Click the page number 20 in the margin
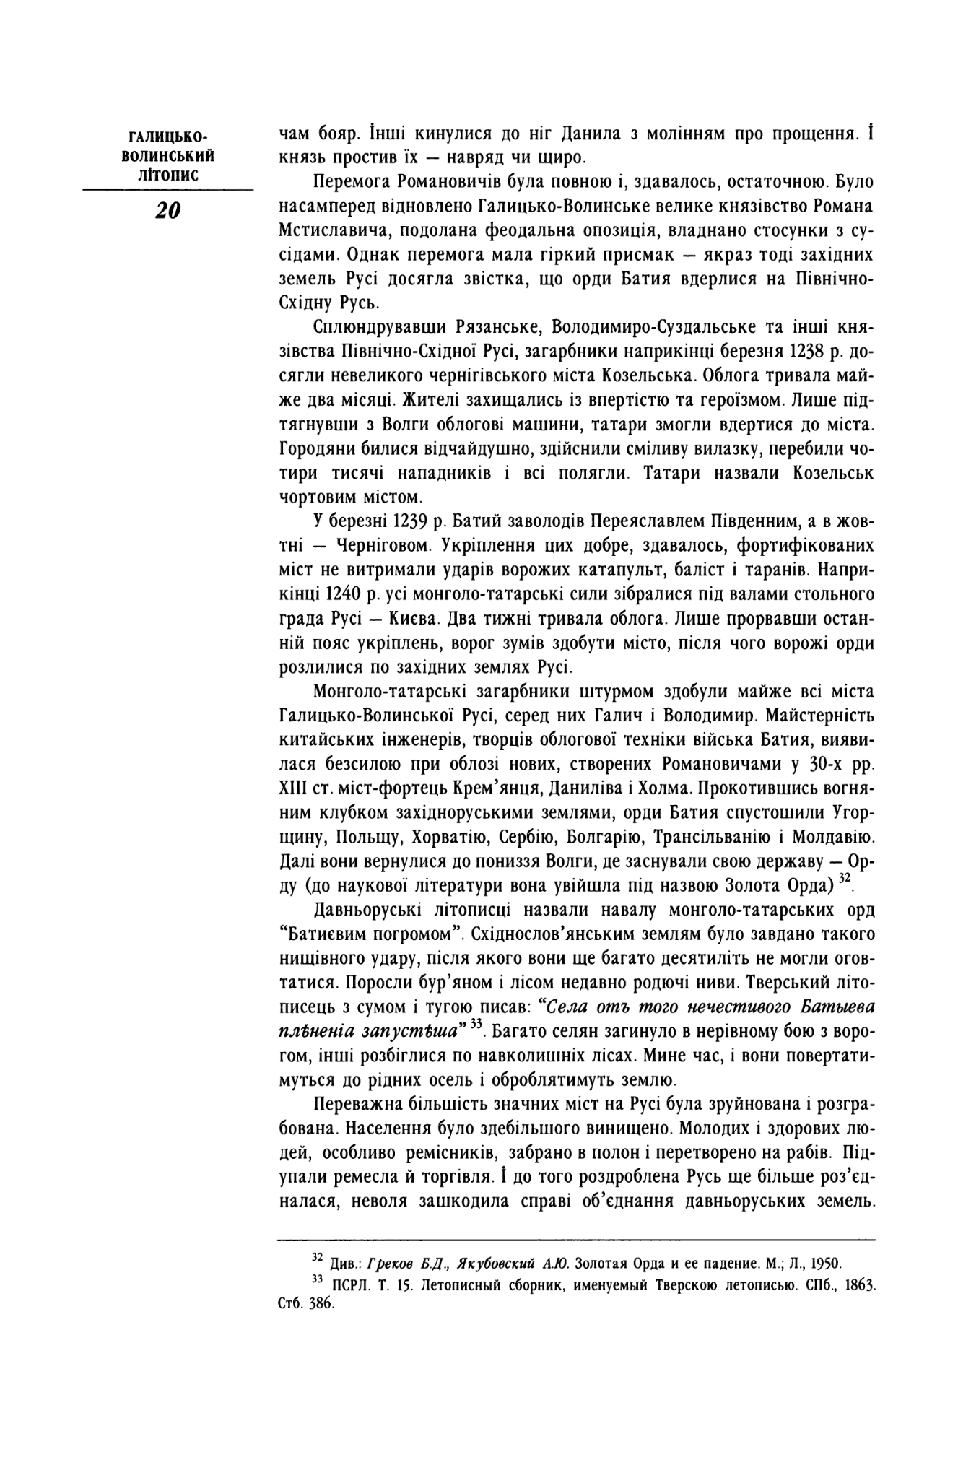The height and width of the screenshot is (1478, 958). (x=167, y=210)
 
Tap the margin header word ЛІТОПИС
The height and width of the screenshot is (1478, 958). (x=167, y=174)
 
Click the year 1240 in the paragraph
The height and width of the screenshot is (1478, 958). (x=343, y=595)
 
